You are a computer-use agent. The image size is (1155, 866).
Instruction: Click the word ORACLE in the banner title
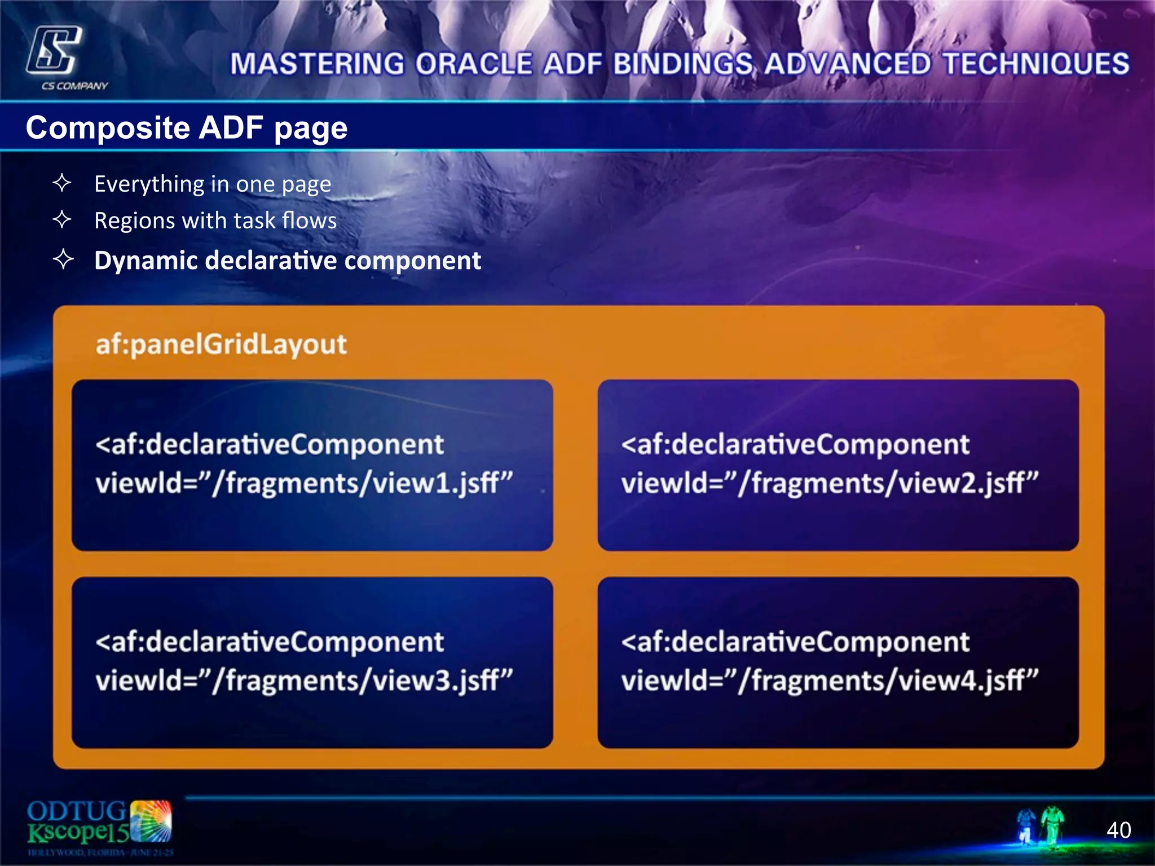coord(474,64)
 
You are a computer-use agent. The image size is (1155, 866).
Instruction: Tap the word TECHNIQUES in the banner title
coord(1036,64)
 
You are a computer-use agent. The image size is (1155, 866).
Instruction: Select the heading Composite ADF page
coord(187,127)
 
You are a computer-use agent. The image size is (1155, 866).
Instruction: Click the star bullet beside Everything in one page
coord(62,183)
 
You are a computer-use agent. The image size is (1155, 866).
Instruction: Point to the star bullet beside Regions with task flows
coord(62,219)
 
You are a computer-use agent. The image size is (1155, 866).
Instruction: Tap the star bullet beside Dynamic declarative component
coord(63,259)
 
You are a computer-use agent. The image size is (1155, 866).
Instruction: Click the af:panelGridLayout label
coord(221,344)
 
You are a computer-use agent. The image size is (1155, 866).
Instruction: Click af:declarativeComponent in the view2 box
coord(795,444)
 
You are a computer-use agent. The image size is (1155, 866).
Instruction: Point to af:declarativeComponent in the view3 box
coord(270,642)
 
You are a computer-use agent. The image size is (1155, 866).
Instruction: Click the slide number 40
coord(1118,830)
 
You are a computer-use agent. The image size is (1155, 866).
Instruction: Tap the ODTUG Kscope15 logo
coord(99,827)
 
